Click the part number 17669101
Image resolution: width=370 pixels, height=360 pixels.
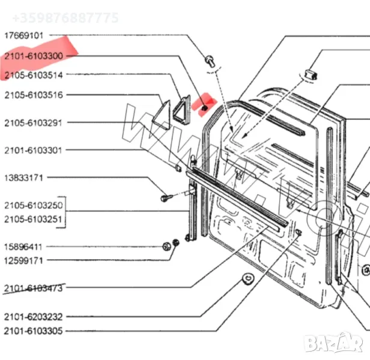coord(24,35)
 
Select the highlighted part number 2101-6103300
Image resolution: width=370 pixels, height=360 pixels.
coord(34,56)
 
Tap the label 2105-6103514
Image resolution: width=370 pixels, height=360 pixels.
coord(34,75)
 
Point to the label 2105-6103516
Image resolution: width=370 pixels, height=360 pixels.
coord(34,95)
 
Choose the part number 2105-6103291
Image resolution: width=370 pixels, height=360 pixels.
coord(34,123)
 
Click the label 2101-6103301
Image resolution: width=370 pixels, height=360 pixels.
coord(34,150)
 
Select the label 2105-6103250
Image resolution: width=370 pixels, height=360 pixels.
coord(34,206)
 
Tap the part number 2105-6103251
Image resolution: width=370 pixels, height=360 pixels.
coord(34,220)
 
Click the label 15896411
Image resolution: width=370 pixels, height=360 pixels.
coord(24,247)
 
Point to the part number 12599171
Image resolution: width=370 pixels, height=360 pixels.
coord(24,260)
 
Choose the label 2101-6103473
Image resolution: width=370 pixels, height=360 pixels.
coord(34,288)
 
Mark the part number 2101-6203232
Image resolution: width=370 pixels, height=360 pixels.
coord(34,316)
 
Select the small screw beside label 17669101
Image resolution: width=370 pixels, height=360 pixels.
coord(210,60)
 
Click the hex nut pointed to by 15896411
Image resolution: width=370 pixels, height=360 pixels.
coord(166,246)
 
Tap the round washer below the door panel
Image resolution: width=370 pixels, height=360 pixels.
coord(246,279)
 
